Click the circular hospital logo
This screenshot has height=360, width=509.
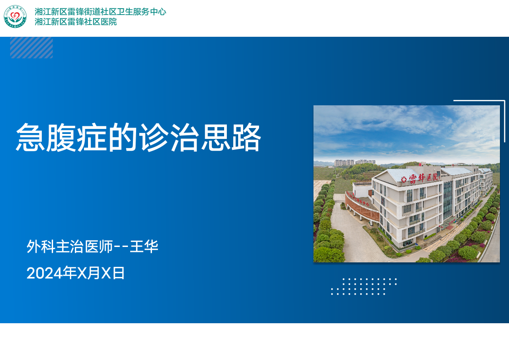pos(15,16)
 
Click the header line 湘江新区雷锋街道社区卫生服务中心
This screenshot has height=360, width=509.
pos(100,12)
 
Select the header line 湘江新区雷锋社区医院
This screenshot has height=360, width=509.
pos(76,22)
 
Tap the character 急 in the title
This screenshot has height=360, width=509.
pos(31,138)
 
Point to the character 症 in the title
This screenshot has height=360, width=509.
pos(92,138)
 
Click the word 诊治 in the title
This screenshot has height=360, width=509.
pos(168,138)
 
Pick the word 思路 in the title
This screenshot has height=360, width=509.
pos(231,138)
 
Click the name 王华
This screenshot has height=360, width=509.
pos(144,247)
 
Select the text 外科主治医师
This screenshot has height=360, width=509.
pos(69,247)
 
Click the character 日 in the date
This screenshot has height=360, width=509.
pos(118,273)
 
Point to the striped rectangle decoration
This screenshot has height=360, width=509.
pos(31,48)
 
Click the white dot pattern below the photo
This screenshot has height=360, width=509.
pos(363,286)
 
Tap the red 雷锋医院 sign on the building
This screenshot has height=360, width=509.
pos(424,178)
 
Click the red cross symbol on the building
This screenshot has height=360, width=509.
pos(404,179)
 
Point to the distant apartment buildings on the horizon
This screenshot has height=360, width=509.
pos(355,163)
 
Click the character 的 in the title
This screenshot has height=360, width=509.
pos(122,138)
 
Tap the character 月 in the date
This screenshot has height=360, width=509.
pos(94,273)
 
